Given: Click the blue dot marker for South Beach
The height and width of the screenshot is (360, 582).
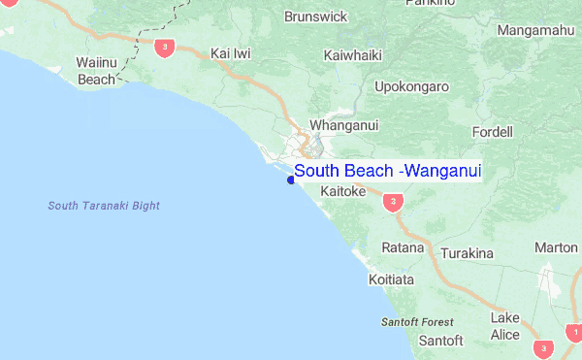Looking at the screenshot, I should pyautogui.click(x=291, y=180).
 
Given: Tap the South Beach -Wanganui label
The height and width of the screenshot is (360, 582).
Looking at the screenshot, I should pyautogui.click(x=388, y=171).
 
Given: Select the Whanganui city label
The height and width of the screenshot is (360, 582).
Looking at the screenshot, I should pyautogui.click(x=343, y=126).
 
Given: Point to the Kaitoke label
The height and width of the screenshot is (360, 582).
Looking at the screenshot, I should pyautogui.click(x=342, y=192).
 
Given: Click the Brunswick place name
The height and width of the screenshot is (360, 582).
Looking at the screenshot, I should pyautogui.click(x=316, y=16).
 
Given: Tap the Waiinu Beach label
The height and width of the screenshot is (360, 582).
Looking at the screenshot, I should pyautogui.click(x=96, y=72).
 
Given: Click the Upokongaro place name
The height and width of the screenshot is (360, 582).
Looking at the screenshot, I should pyautogui.click(x=412, y=86).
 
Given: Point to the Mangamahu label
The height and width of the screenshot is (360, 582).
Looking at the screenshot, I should pyautogui.click(x=534, y=31).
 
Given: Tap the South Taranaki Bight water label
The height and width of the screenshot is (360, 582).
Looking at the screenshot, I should pyautogui.click(x=104, y=206).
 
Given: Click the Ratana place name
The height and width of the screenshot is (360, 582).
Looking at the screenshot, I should pyautogui.click(x=403, y=247).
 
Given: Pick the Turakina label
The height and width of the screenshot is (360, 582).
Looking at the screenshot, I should pyautogui.click(x=468, y=253).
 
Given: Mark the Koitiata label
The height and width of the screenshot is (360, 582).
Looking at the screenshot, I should pyautogui.click(x=392, y=279).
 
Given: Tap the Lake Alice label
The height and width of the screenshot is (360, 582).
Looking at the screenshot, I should pyautogui.click(x=504, y=326).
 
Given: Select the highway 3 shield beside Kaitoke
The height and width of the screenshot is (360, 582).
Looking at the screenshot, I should pyautogui.click(x=392, y=202).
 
